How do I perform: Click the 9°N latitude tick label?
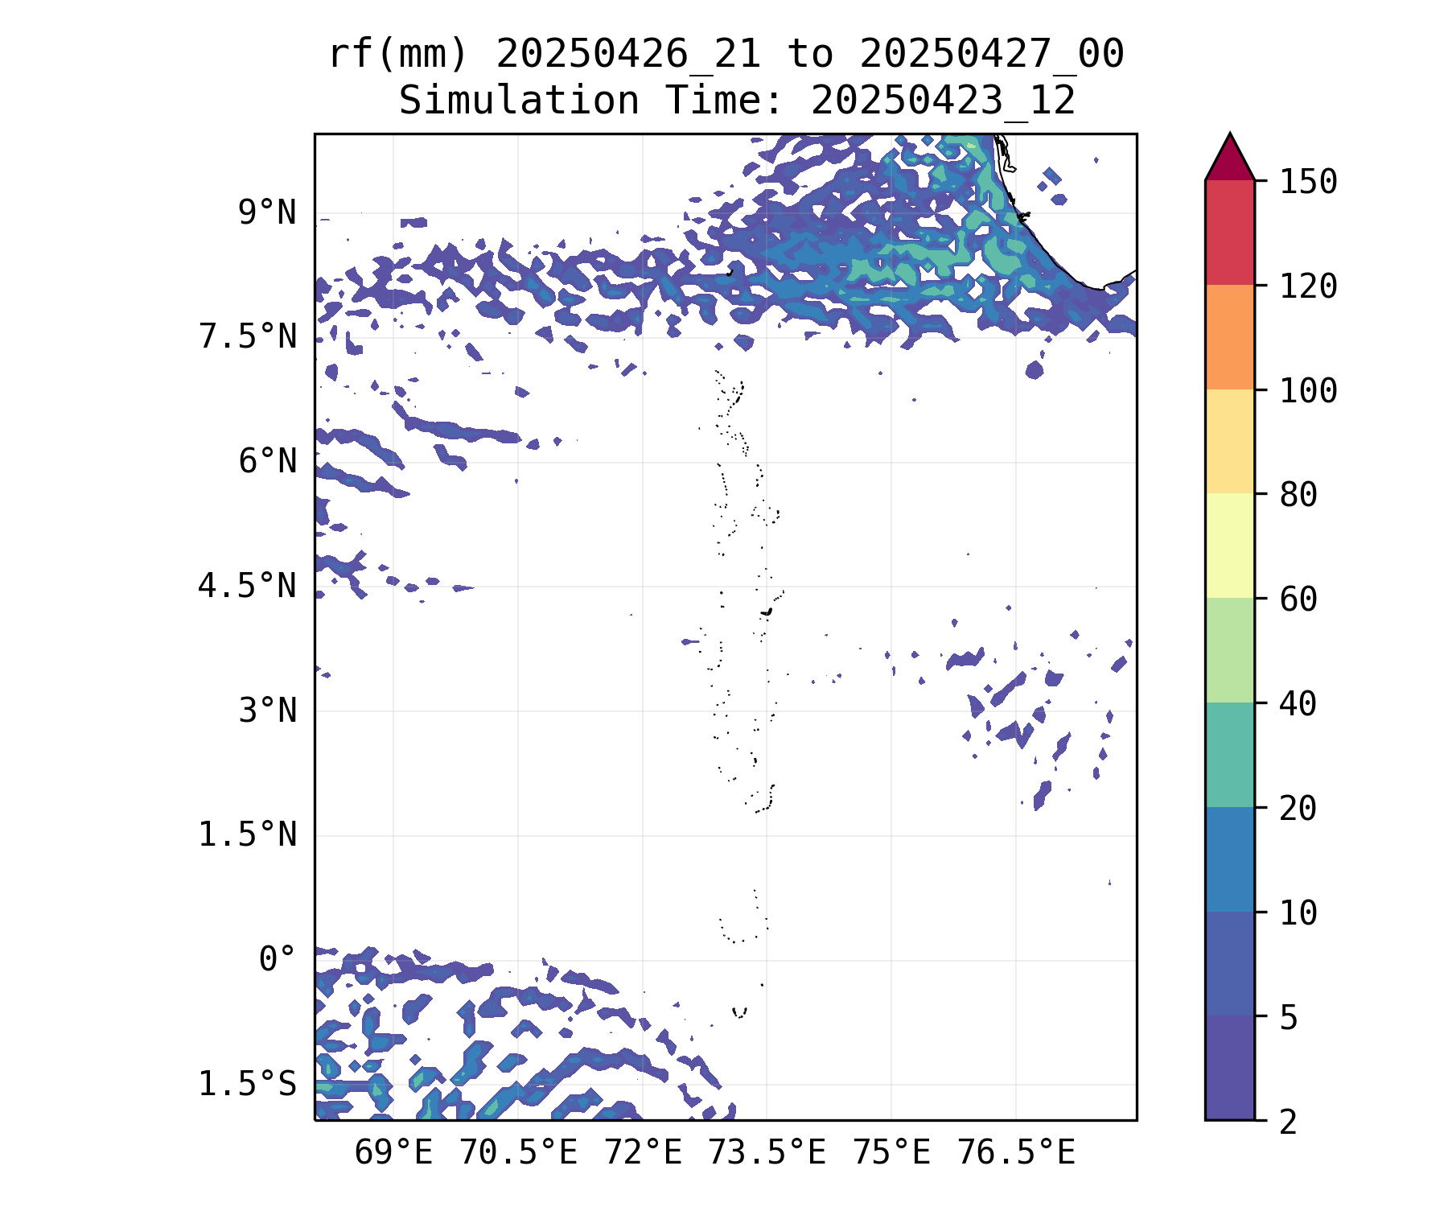pos(267,213)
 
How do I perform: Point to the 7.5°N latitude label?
pos(248,337)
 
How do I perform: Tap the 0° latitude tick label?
pos(278,959)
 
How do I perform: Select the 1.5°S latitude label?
pos(248,1084)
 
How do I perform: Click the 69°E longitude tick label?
pos(393,1153)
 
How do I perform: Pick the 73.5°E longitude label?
pos(767,1153)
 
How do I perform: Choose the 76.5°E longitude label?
pos(1015,1153)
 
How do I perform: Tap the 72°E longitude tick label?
pos(643,1153)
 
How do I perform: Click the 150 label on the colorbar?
pos(1308,182)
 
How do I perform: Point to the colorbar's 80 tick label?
pos(1298,494)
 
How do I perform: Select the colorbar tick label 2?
pos(1289,1122)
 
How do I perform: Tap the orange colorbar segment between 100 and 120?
pos(1229,337)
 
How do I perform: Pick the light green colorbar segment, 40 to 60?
pos(1229,650)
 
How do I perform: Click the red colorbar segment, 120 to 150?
pos(1229,233)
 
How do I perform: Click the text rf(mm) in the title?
pos(398,55)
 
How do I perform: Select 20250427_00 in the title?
pos(991,55)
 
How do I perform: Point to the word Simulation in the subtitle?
pos(519,101)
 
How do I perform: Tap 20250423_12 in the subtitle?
pos(943,101)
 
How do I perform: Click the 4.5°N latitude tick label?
pos(248,587)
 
